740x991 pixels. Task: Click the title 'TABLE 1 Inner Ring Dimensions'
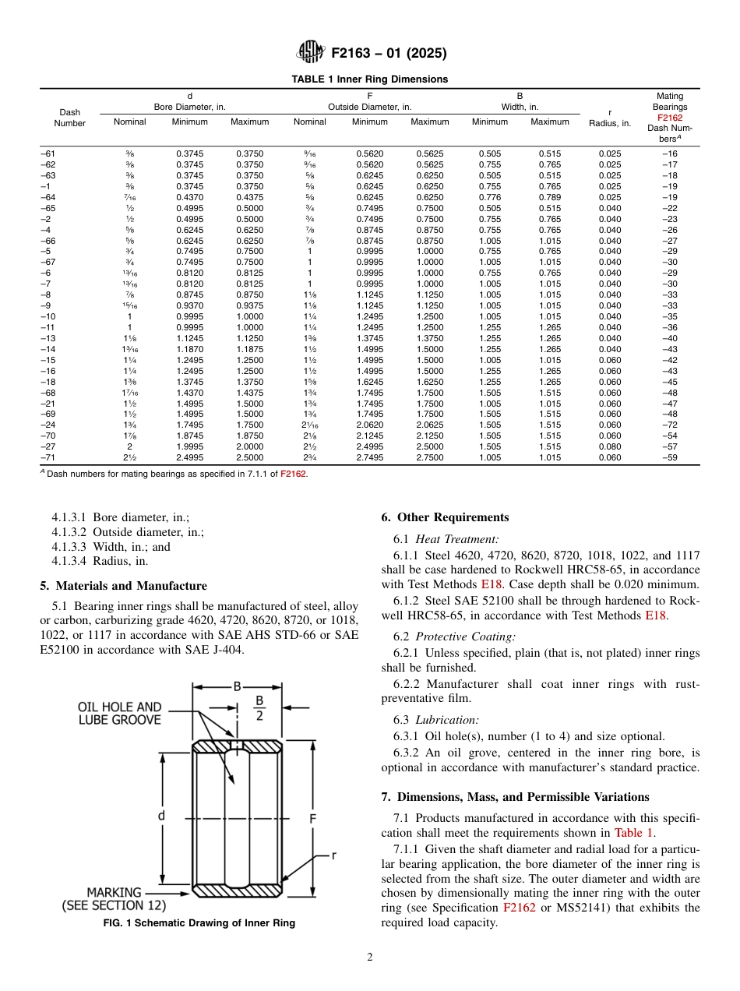coord(369,79)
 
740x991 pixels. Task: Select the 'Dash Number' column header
coord(69,118)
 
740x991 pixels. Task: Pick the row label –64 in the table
coord(48,198)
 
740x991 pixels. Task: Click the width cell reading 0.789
coord(549,198)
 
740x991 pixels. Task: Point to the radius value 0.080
coord(609,447)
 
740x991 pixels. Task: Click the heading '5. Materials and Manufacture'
coord(123,586)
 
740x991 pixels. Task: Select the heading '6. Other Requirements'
coord(445,517)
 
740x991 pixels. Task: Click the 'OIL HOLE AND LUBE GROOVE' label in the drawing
coord(119,714)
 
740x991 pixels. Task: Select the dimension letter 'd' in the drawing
coord(161,816)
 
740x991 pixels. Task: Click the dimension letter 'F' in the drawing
coord(312,819)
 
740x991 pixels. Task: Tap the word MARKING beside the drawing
coord(114,893)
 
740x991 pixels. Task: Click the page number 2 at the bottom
coord(369,957)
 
